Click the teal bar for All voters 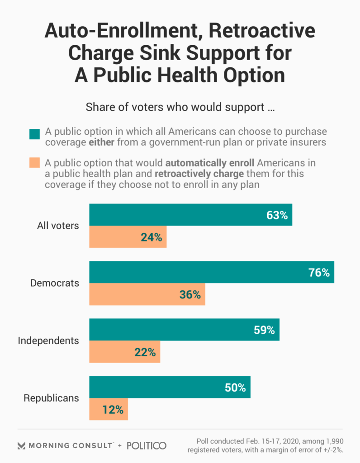pos(190,215)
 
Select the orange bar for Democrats pos(147,294)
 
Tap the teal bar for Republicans pos(170,387)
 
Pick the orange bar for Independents pos(124,352)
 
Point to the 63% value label pos(277,215)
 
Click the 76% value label pos(319,273)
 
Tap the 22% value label pos(145,352)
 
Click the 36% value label pos(189,295)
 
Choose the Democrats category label pos(55,283)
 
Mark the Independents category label pos(48,340)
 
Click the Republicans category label pos(51,398)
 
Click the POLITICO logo pos(147,445)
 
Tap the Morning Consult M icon pos(21,446)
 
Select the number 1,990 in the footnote pos(331,441)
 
